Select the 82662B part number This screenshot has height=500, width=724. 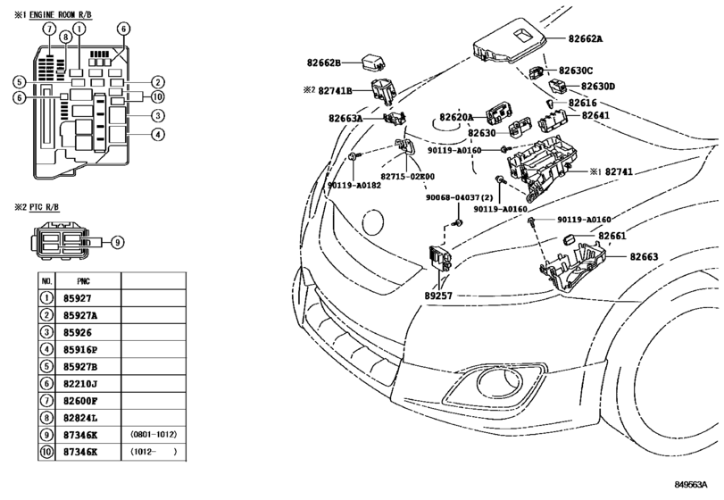point(323,63)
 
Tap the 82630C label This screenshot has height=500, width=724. point(576,71)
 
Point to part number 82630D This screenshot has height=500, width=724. point(598,87)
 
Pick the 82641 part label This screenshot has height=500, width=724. point(597,115)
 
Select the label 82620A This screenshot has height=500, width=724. point(455,117)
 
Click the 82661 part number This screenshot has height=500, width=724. point(612,236)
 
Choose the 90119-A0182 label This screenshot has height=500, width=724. point(354,186)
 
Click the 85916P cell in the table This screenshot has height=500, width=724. point(81,349)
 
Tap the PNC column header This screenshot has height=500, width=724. point(83,280)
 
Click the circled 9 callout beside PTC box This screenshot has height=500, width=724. point(117,241)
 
